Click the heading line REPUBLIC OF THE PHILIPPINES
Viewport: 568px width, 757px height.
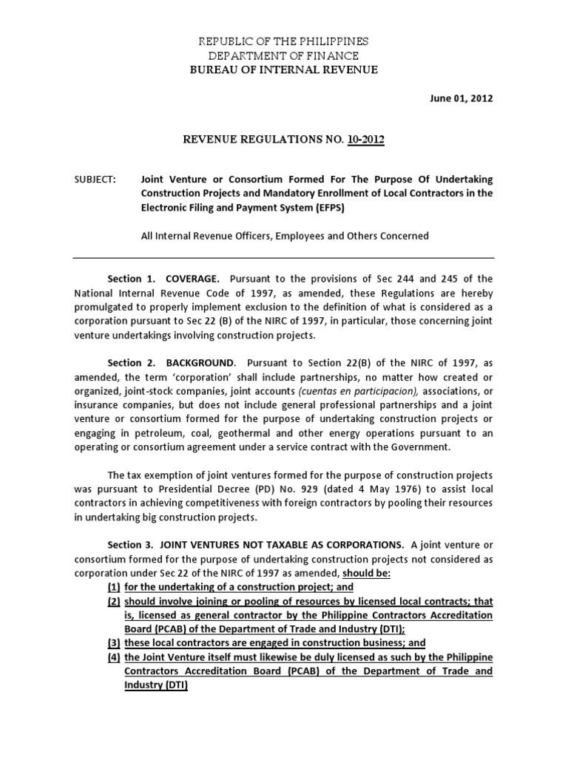tap(283, 41)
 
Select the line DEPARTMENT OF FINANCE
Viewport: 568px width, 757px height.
tap(283, 55)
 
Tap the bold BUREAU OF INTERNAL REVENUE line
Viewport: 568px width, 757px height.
tap(283, 69)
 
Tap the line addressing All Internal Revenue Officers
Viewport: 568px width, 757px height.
tap(284, 236)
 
